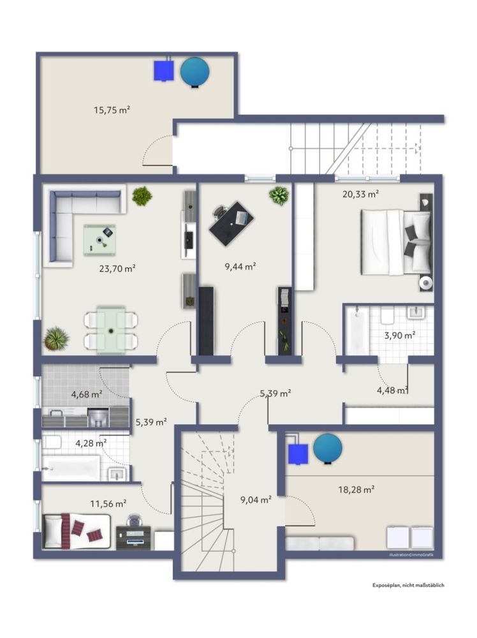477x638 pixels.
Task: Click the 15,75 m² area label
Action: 112,110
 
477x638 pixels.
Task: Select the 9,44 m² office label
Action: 240,266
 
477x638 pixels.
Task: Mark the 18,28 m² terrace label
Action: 356,489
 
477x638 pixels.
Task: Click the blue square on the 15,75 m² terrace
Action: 165,70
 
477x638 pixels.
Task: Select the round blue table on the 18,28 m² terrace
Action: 327,449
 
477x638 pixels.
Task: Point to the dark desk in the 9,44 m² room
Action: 231,223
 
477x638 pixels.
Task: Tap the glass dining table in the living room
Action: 112,330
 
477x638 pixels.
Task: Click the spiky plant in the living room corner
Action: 56,339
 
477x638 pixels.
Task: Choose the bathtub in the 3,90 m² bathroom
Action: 356,332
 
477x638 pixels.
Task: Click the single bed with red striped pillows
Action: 77,531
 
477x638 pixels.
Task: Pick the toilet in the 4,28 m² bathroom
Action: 52,442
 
